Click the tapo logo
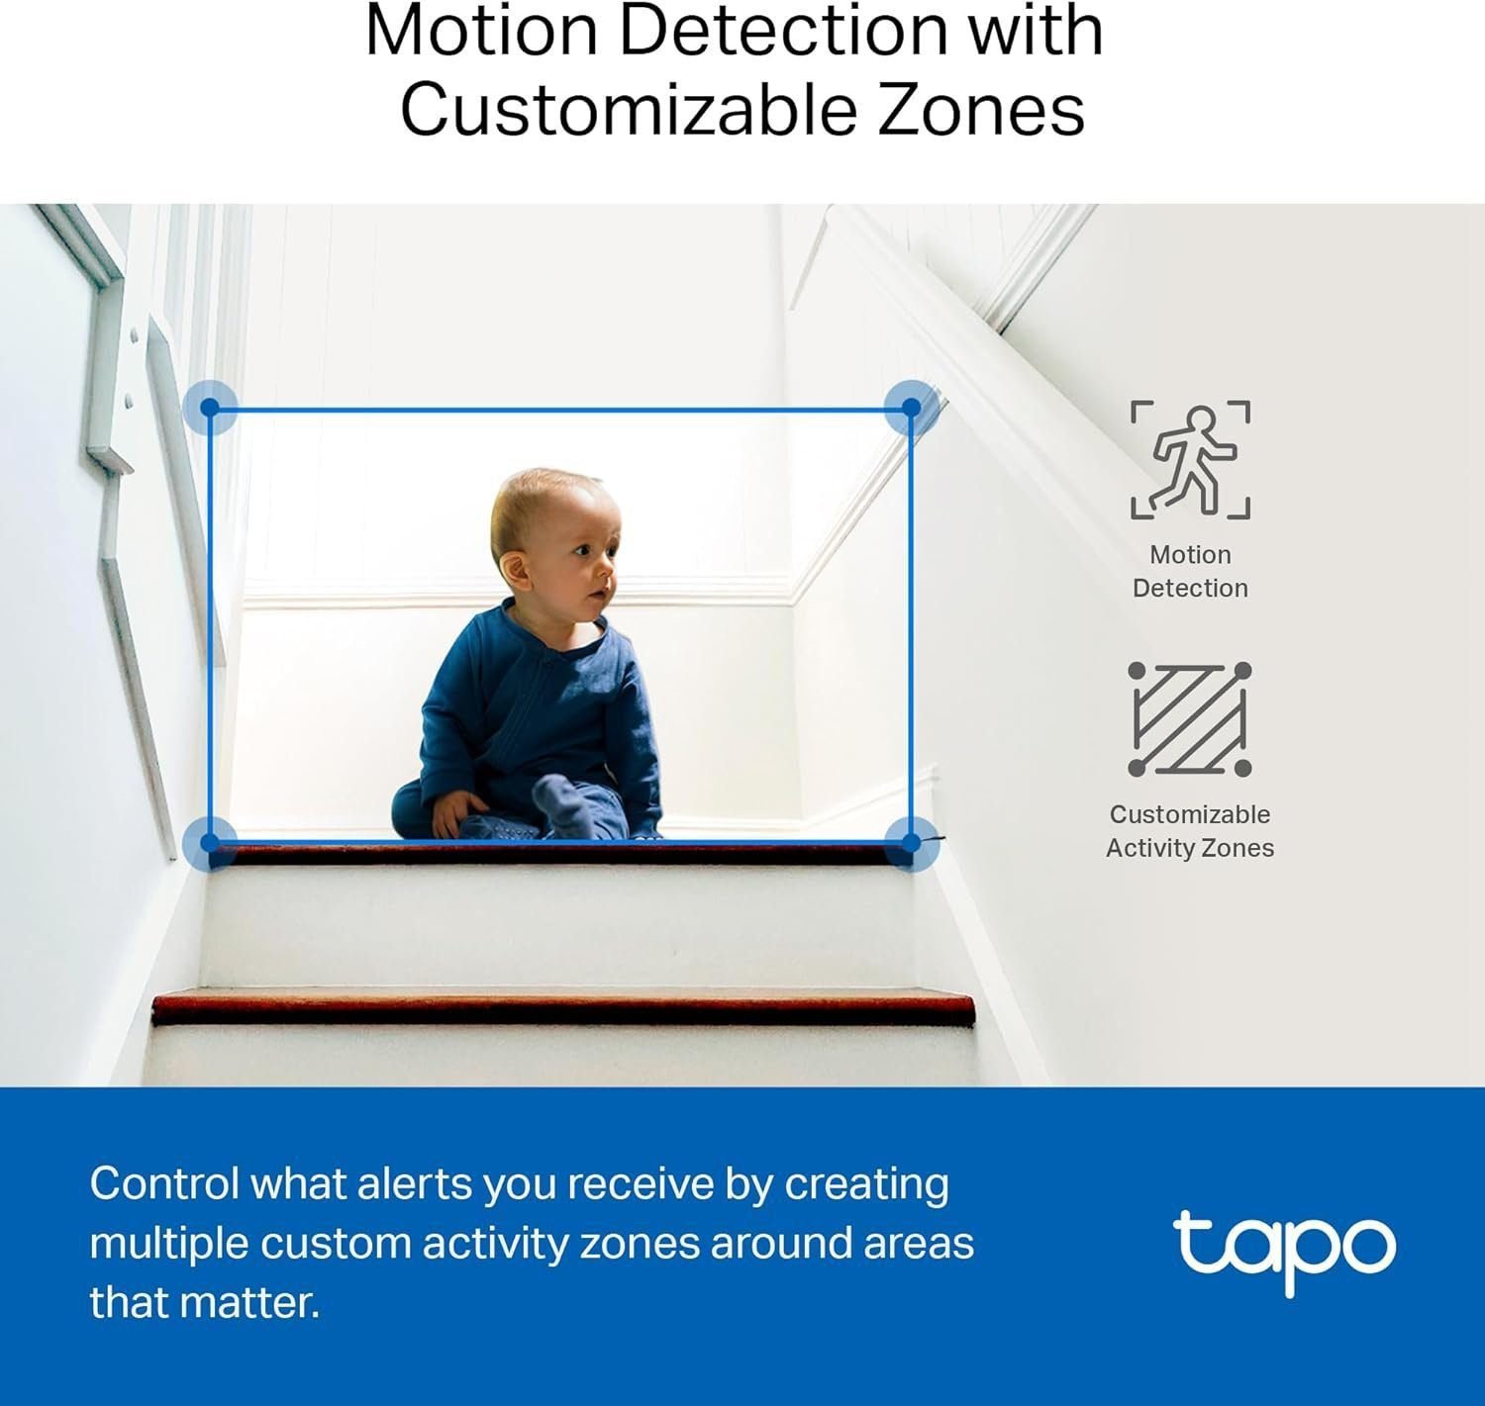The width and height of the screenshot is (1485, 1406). click(1284, 1250)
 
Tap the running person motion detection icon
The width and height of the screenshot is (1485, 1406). click(1190, 459)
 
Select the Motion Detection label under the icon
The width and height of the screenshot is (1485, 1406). click(1190, 571)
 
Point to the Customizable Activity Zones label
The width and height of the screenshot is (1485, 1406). click(1190, 831)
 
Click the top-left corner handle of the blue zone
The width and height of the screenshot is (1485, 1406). click(210, 407)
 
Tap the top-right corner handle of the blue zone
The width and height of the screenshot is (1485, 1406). click(911, 407)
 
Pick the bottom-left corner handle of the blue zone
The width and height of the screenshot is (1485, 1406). click(209, 843)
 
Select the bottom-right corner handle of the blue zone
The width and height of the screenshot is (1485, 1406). click(911, 843)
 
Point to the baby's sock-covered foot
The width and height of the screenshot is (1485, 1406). click(564, 801)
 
